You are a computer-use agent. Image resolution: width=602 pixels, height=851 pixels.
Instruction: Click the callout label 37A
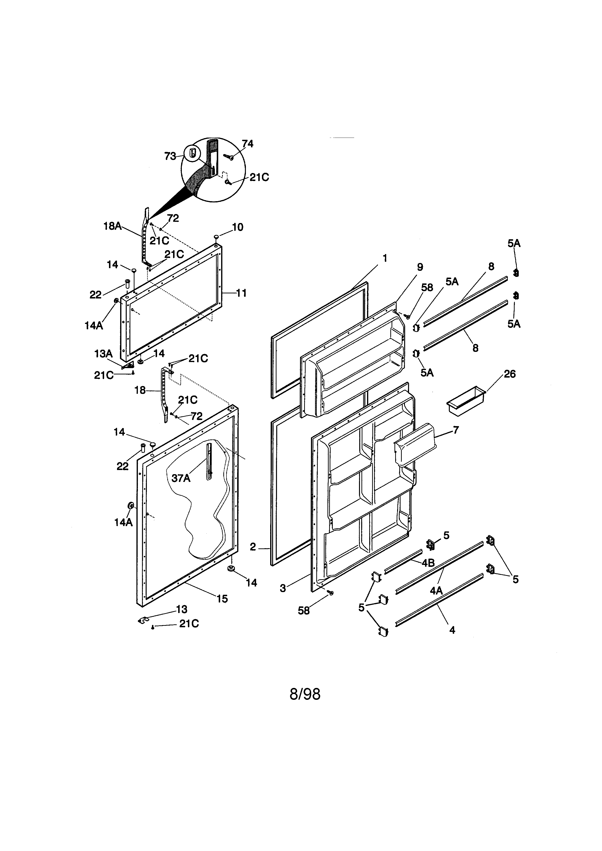click(x=181, y=478)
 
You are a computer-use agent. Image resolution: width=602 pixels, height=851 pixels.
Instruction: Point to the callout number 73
click(x=170, y=157)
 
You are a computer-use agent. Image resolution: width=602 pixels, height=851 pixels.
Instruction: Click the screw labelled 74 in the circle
click(x=229, y=157)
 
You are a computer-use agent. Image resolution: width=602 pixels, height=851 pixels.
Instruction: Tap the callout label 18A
click(x=112, y=226)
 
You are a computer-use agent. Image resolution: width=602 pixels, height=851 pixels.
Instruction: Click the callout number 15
click(x=222, y=599)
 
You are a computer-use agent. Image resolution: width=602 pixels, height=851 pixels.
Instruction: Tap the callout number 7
click(x=456, y=430)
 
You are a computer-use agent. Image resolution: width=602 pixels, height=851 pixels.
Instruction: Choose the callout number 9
click(x=420, y=267)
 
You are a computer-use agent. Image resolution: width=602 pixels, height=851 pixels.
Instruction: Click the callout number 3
click(x=283, y=588)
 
